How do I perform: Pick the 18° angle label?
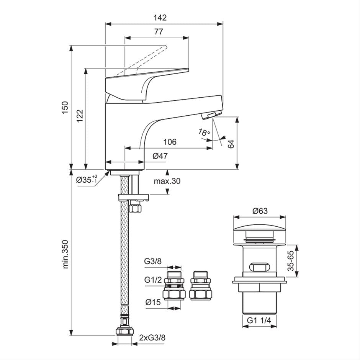tap(204, 133)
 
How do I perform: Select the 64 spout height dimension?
tap(230, 144)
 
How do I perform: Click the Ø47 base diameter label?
tap(160, 155)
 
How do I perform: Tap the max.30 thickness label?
tap(167, 181)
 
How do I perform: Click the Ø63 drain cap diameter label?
tap(260, 211)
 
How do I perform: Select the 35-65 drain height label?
tap(291, 260)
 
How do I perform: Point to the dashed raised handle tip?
tap(165, 47)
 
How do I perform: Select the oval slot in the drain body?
tap(259, 267)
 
